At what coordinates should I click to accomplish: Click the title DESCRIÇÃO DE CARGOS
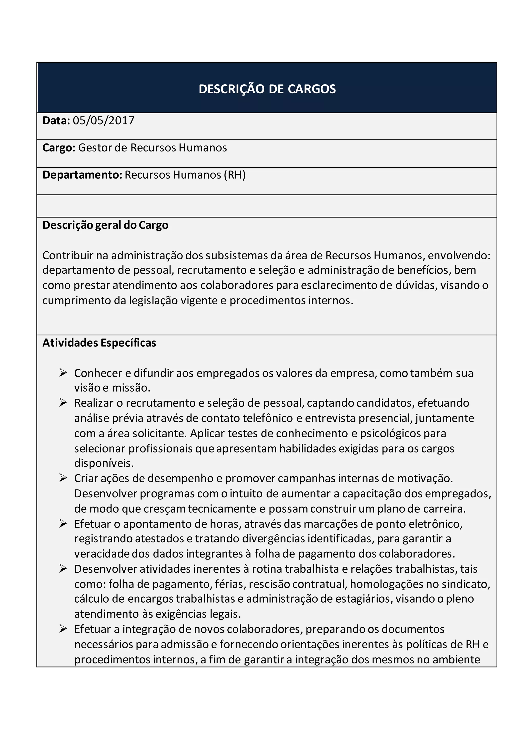pyautogui.click(x=267, y=89)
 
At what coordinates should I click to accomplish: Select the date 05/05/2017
pyautogui.click(x=104, y=120)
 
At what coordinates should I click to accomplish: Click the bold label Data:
pyautogui.click(x=56, y=120)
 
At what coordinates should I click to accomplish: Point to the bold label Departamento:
pyautogui.click(x=82, y=175)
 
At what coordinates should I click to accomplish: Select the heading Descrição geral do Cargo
pyautogui.click(x=105, y=225)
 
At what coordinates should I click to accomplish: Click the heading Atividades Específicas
pyautogui.click(x=99, y=343)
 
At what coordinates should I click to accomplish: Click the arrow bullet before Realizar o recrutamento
pyautogui.click(x=63, y=403)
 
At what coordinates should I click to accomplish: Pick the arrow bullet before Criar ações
pyautogui.click(x=63, y=478)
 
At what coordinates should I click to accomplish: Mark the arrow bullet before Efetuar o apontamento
pyautogui.click(x=63, y=523)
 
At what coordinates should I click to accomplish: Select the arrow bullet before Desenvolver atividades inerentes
pyautogui.click(x=63, y=569)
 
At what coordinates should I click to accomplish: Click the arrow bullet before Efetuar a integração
pyautogui.click(x=63, y=629)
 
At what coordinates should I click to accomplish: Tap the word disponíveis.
pyautogui.click(x=104, y=463)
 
